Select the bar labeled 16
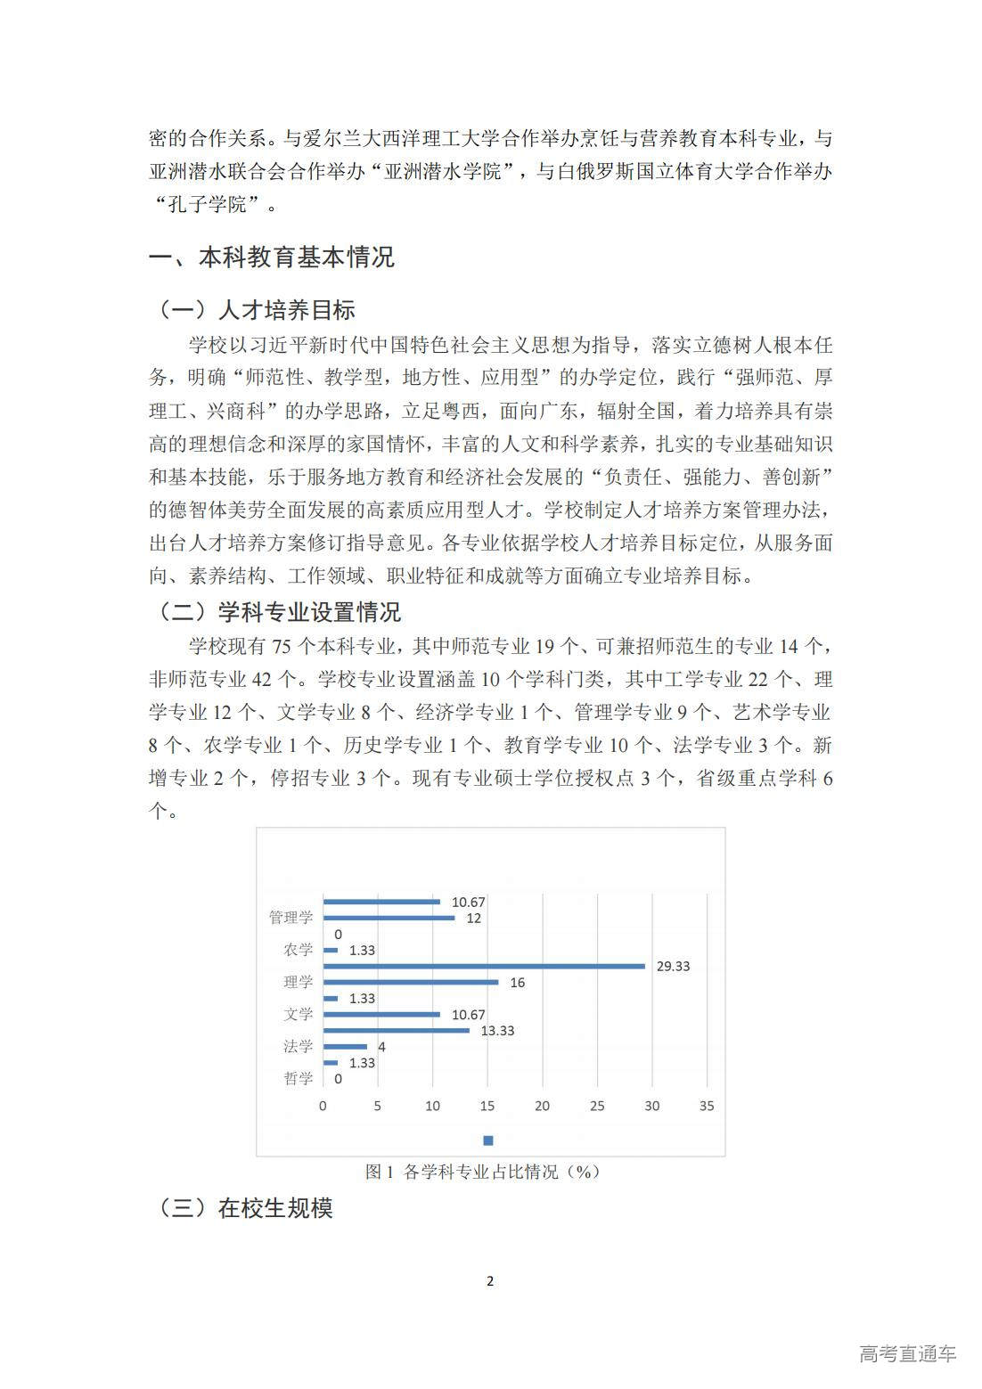(x=410, y=982)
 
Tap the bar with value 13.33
(x=396, y=1031)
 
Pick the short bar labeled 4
(x=345, y=1047)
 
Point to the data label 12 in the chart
(x=473, y=918)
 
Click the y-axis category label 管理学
(x=291, y=918)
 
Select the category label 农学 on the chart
(x=299, y=950)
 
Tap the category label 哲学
(x=299, y=1078)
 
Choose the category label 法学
(x=299, y=1046)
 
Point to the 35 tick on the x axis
(x=707, y=1106)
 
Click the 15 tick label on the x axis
(x=487, y=1106)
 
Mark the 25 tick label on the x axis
(x=597, y=1106)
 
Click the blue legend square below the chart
(x=488, y=1140)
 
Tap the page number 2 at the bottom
(x=490, y=1281)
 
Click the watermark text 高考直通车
(x=907, y=1353)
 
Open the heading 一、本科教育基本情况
(x=271, y=258)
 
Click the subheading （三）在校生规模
(x=245, y=1208)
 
